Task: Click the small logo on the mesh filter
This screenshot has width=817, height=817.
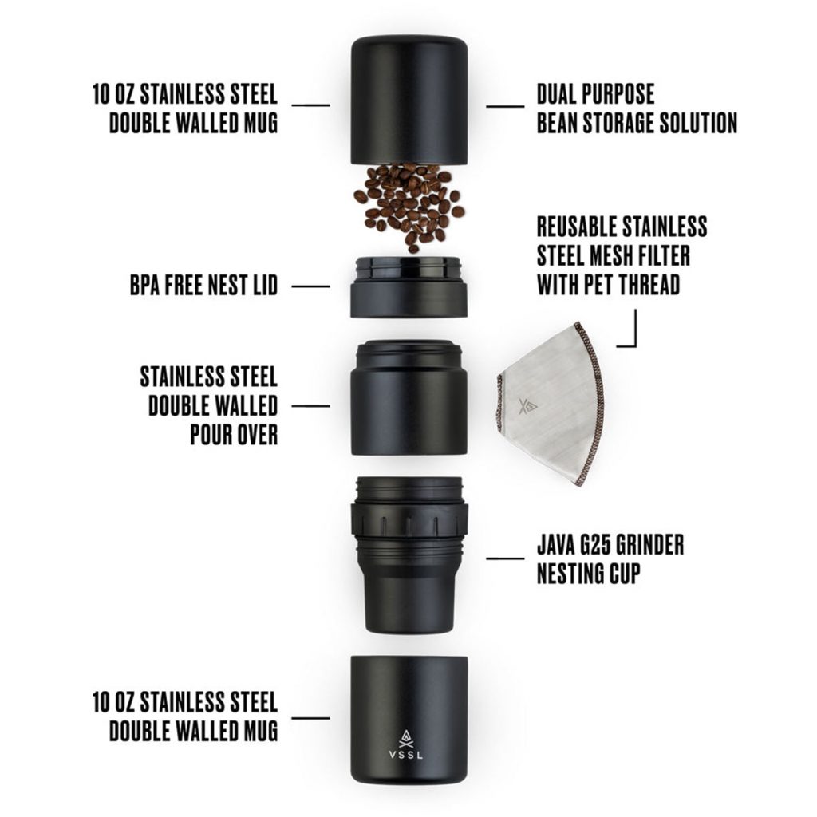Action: click(527, 407)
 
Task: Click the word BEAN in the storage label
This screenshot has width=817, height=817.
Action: click(562, 124)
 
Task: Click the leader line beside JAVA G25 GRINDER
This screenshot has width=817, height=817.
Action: click(505, 558)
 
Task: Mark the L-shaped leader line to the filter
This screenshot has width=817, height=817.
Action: click(634, 335)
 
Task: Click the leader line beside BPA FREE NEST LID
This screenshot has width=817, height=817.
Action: click(310, 286)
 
